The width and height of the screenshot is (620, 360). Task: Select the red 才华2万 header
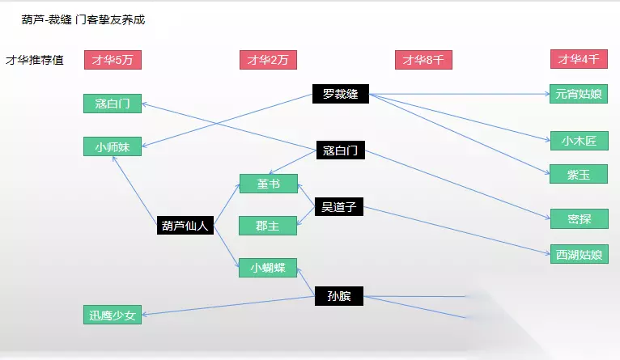[x=268, y=59]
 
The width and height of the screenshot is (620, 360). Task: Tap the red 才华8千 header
[x=423, y=59]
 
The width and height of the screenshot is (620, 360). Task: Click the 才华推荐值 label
[x=35, y=59]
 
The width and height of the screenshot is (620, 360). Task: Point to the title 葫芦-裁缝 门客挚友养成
[x=83, y=19]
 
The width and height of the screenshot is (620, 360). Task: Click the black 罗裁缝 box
[x=340, y=94]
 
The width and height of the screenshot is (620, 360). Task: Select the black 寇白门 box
[x=340, y=150]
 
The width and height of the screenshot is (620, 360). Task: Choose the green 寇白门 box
[x=113, y=103]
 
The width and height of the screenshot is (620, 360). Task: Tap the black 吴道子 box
[x=339, y=207]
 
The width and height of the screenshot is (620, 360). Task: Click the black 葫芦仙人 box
[x=185, y=226]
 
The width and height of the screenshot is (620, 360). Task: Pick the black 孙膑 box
[x=339, y=295]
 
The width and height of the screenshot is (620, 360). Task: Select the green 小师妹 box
[x=113, y=146]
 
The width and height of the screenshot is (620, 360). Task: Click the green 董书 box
[x=268, y=184]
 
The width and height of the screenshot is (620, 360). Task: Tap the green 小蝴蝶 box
[x=268, y=268]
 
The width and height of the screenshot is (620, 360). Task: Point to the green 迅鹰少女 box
[x=113, y=315]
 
